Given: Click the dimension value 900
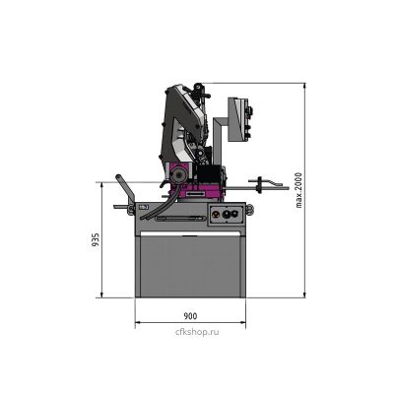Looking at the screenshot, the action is [x=190, y=316].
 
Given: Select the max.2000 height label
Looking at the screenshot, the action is [x=298, y=190].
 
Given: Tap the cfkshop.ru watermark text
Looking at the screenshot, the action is [x=197, y=332].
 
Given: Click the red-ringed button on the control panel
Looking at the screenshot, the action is [x=215, y=215].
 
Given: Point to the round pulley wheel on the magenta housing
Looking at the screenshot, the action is [x=178, y=175].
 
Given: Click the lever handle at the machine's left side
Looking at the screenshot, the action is [x=126, y=190].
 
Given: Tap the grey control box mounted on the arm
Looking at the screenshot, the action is [x=240, y=119].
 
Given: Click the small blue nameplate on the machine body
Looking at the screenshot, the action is [x=144, y=207].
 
